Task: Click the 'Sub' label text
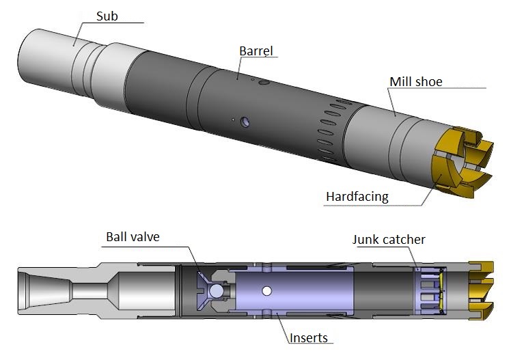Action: click(x=107, y=15)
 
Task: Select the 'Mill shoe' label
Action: click(x=416, y=82)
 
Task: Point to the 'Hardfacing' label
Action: click(x=357, y=197)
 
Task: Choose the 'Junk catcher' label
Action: click(x=389, y=239)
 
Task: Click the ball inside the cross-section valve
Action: click(x=217, y=292)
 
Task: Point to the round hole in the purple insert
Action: click(x=267, y=292)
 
